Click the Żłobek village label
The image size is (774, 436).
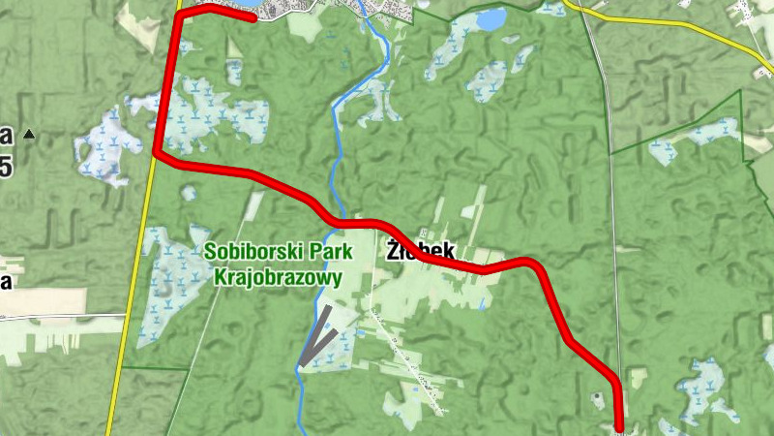[x=420, y=249]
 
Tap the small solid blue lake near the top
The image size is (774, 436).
[x=491, y=18]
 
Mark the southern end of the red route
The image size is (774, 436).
[x=620, y=426]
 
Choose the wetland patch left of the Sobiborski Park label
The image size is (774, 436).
[x=164, y=281]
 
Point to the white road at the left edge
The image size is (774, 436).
[x=58, y=316]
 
